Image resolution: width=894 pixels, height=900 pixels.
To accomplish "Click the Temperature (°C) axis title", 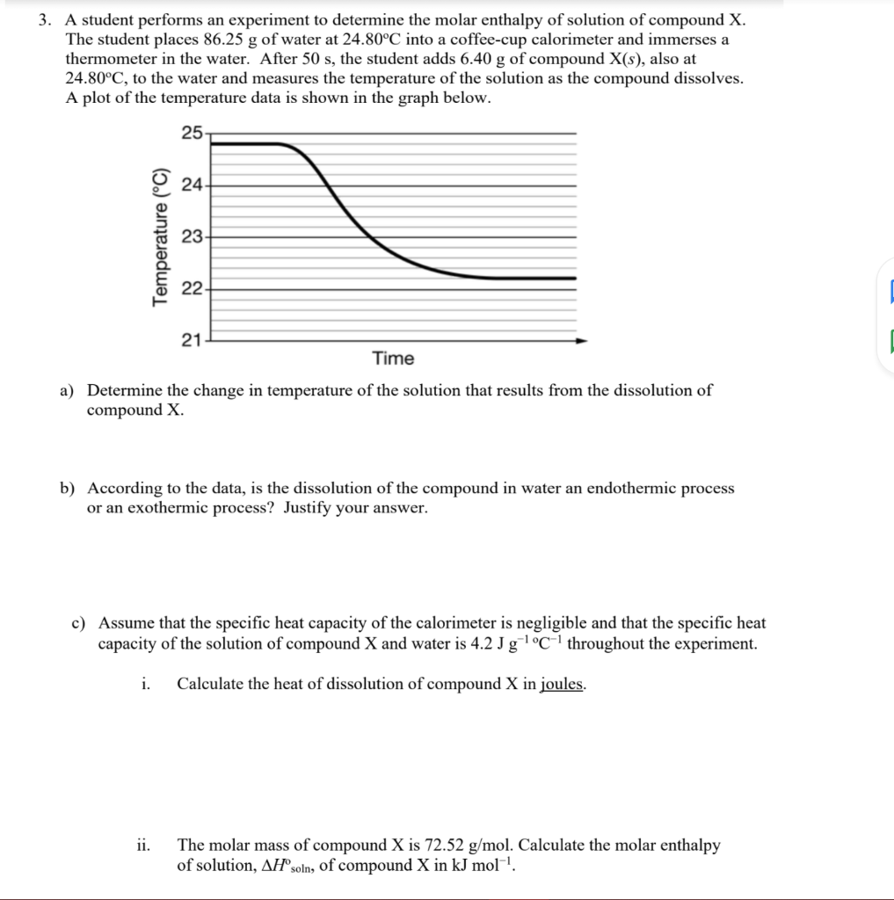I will (x=159, y=236).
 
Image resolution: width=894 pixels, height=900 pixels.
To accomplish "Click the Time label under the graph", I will (x=393, y=359).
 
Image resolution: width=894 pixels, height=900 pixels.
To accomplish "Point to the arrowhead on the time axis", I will (x=581, y=340).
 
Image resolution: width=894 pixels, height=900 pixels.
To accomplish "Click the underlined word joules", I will (x=563, y=684).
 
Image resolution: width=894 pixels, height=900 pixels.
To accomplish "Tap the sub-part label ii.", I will (x=142, y=846).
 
